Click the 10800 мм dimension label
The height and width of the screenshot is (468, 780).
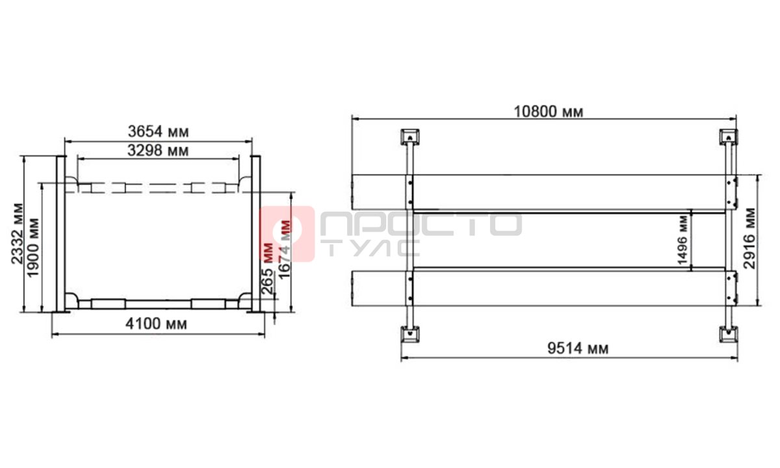549,112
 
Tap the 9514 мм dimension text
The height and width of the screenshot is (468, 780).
578,348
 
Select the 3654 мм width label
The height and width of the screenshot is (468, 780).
159,131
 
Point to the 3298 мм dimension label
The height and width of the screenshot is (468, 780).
158,150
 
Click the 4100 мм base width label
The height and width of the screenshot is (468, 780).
157,324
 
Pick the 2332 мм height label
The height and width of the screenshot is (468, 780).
18,233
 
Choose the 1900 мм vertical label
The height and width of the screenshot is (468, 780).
33,248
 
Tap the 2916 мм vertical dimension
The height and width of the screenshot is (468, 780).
749,239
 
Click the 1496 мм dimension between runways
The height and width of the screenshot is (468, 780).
683,240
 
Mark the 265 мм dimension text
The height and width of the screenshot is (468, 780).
267,268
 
